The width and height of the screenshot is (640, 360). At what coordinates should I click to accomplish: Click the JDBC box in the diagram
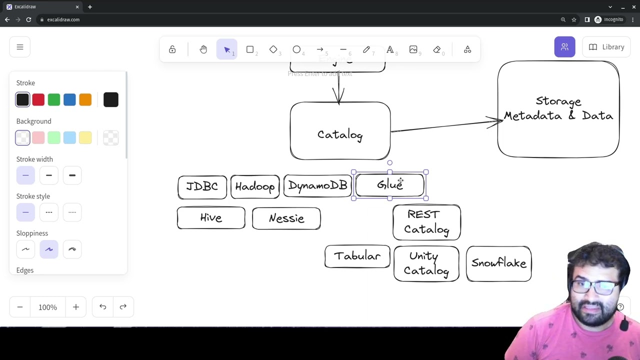click(202, 187)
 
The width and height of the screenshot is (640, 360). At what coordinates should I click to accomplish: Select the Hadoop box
click(255, 187)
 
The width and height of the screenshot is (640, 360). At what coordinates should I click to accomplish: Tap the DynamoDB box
click(317, 186)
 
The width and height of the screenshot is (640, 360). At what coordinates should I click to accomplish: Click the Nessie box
click(286, 218)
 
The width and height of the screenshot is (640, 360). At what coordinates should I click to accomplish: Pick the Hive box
click(211, 218)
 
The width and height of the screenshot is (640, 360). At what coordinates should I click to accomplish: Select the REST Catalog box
click(426, 222)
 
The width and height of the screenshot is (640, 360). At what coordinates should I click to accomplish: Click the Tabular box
click(357, 256)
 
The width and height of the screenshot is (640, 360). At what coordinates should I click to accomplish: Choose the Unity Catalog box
click(426, 263)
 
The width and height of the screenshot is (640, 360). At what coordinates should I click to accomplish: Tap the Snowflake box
click(498, 263)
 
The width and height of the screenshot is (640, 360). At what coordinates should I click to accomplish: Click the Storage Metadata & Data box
click(558, 109)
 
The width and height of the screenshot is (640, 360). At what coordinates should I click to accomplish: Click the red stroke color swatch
click(38, 100)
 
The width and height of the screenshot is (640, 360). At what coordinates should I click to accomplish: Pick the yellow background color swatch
click(85, 138)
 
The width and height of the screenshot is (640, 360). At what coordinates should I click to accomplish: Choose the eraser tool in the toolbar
click(437, 49)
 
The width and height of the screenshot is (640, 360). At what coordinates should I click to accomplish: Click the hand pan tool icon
click(203, 49)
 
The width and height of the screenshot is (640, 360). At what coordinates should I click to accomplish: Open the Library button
click(606, 47)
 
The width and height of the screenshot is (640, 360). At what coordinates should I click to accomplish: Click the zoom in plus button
click(76, 307)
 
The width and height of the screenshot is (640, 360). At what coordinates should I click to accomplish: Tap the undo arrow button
click(102, 307)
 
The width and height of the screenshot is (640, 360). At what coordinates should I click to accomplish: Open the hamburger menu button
click(20, 47)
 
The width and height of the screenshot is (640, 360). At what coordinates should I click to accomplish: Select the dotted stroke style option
click(72, 212)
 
